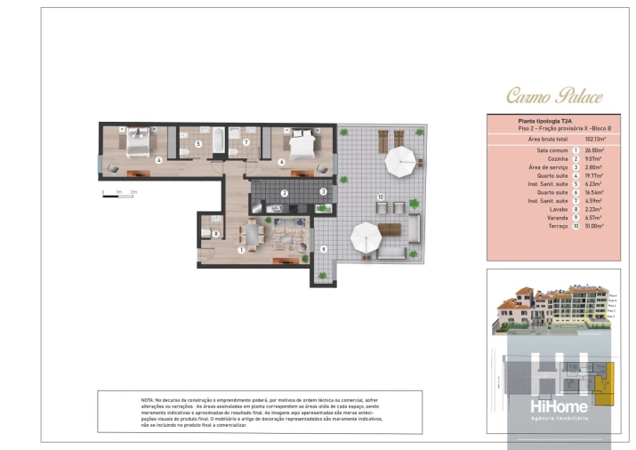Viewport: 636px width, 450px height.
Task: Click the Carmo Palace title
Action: [x=554, y=96]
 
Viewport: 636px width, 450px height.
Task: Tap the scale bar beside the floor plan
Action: [x=118, y=194]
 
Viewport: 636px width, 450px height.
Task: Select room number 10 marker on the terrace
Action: [x=380, y=197]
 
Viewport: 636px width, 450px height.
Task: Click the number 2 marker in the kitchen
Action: [x=284, y=193]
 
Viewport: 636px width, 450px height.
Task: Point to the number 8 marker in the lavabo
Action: [x=215, y=234]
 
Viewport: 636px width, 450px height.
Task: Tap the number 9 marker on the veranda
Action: [x=323, y=249]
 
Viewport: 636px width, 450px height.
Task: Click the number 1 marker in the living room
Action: [x=241, y=250]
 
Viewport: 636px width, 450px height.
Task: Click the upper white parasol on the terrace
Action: [x=400, y=161]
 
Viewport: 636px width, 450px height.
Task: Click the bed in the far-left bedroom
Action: [x=140, y=140]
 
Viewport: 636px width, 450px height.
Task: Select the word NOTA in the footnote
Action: [x=149, y=401]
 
